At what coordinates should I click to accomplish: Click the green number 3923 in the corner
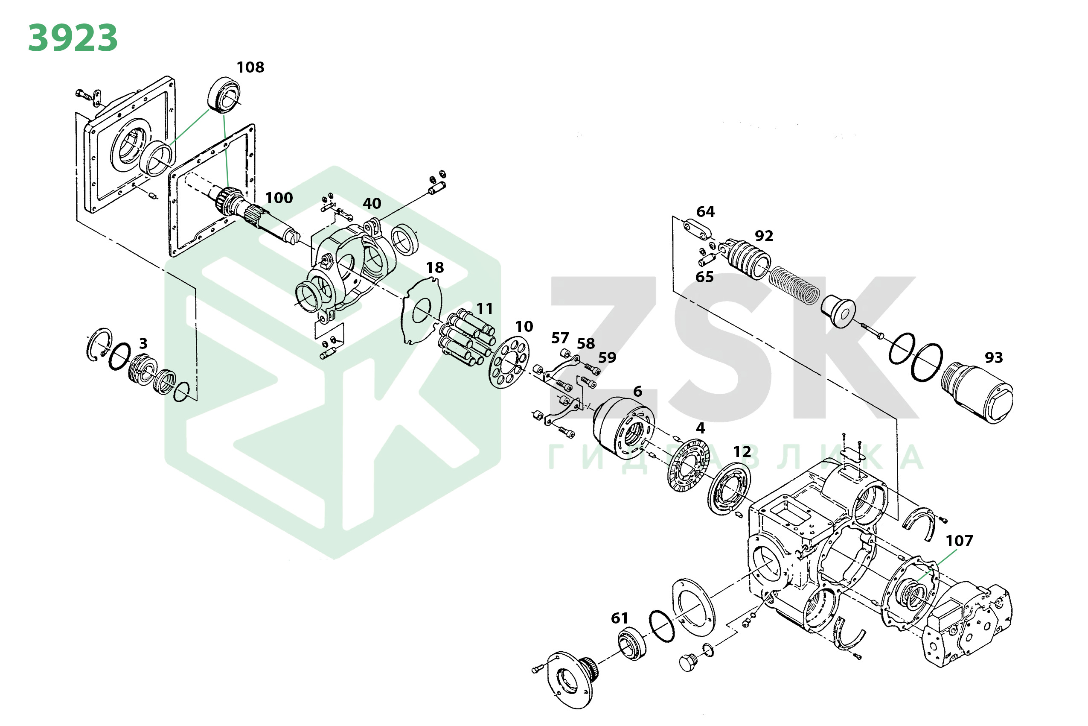coord(73,38)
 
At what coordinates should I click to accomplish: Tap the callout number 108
coord(250,67)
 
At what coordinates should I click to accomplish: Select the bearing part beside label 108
coord(224,95)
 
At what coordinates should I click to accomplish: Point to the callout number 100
coord(279,198)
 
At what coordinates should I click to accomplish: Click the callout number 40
coord(372,204)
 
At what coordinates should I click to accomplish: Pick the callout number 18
coord(435,268)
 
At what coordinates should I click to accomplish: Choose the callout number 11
coord(484,309)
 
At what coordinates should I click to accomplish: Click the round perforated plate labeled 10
coord(509,363)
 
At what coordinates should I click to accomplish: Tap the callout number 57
coord(560,339)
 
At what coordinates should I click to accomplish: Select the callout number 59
coord(608,358)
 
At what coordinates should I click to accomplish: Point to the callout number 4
coord(700,428)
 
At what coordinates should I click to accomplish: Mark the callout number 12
coord(742,452)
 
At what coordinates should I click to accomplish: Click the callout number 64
coord(705,212)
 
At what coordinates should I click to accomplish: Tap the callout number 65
coord(704,277)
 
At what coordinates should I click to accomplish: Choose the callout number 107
coord(960,541)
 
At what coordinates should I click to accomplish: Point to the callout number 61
coord(620,618)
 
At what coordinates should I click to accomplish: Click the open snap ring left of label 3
coord(99,345)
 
